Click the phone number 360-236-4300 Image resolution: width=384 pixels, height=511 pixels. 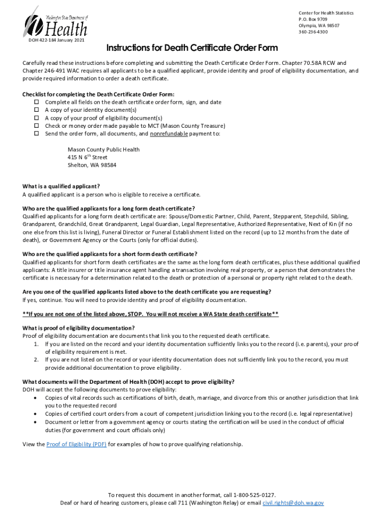pos(313,31)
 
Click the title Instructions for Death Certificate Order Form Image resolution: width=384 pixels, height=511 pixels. pos(192,48)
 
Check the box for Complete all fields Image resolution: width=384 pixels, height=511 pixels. pos(36,102)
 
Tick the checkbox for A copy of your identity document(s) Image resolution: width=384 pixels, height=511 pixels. pos(36,110)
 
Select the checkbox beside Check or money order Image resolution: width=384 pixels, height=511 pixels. pos(36,126)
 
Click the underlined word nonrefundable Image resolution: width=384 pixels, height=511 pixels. pos(169,134)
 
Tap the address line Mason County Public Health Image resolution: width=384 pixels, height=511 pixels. pos(103,149)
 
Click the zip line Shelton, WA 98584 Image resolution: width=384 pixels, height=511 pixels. pos(92,165)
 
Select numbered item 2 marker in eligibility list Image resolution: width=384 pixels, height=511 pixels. pos(36,359)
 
